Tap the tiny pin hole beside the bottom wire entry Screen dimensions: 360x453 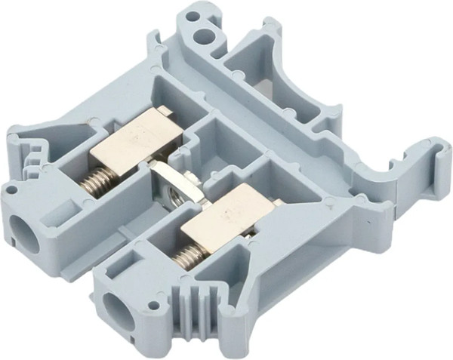coord(155,306)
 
